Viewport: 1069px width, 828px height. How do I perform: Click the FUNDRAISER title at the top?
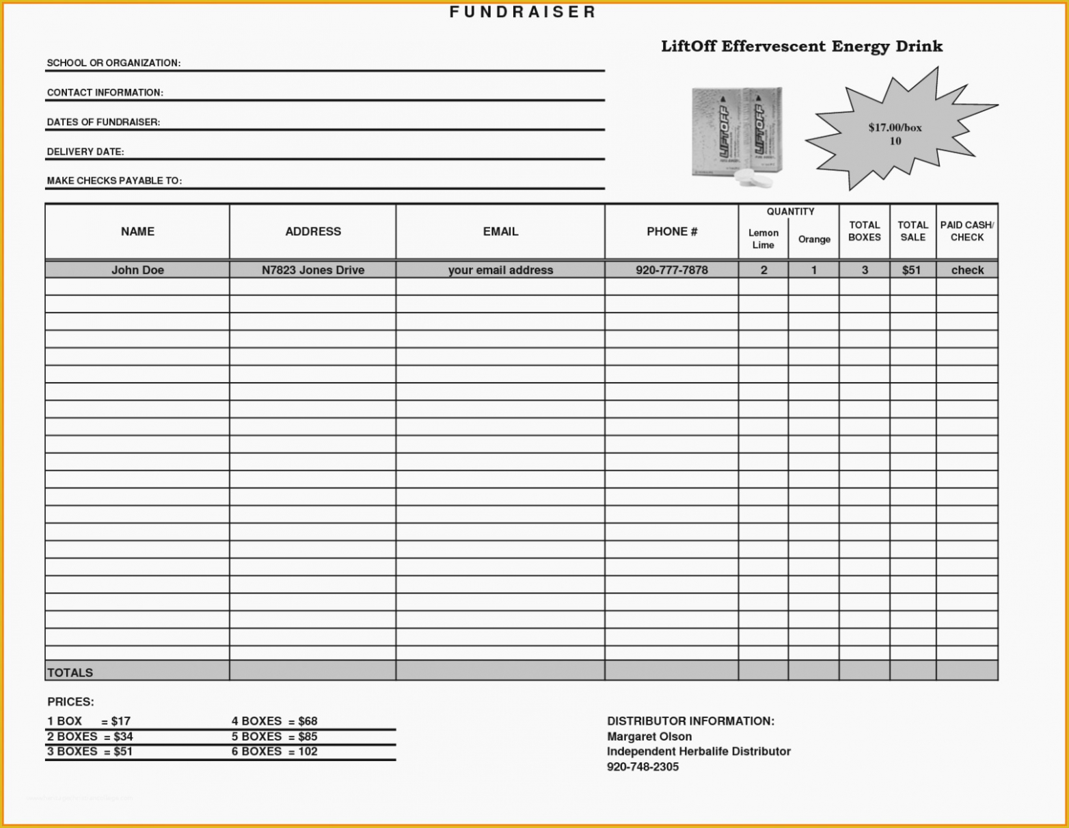523,12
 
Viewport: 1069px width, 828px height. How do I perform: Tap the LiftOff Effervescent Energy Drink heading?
801,46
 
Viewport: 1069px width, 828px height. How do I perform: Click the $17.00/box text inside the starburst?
895,127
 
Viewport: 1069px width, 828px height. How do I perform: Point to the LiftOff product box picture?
737,135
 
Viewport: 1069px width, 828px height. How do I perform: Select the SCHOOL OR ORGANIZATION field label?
113,63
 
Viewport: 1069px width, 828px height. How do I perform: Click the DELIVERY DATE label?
85,152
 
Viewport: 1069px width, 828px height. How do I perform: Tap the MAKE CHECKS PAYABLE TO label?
114,181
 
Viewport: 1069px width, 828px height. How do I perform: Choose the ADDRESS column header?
313,232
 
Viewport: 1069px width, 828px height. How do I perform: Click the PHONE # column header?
672,232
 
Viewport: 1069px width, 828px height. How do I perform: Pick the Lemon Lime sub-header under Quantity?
763,239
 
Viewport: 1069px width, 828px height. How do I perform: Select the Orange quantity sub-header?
814,239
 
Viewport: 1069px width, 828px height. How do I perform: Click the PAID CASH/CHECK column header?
967,231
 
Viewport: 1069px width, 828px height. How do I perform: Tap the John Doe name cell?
137,270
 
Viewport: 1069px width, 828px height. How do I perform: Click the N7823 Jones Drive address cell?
313,270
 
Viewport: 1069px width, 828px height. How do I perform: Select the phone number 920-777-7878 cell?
672,270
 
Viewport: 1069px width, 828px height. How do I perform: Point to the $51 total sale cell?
911,270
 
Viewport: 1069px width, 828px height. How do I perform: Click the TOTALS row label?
70,673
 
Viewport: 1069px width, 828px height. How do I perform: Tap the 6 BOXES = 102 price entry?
274,751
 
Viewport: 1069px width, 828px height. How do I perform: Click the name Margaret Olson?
649,736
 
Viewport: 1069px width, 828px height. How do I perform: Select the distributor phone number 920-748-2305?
642,767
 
